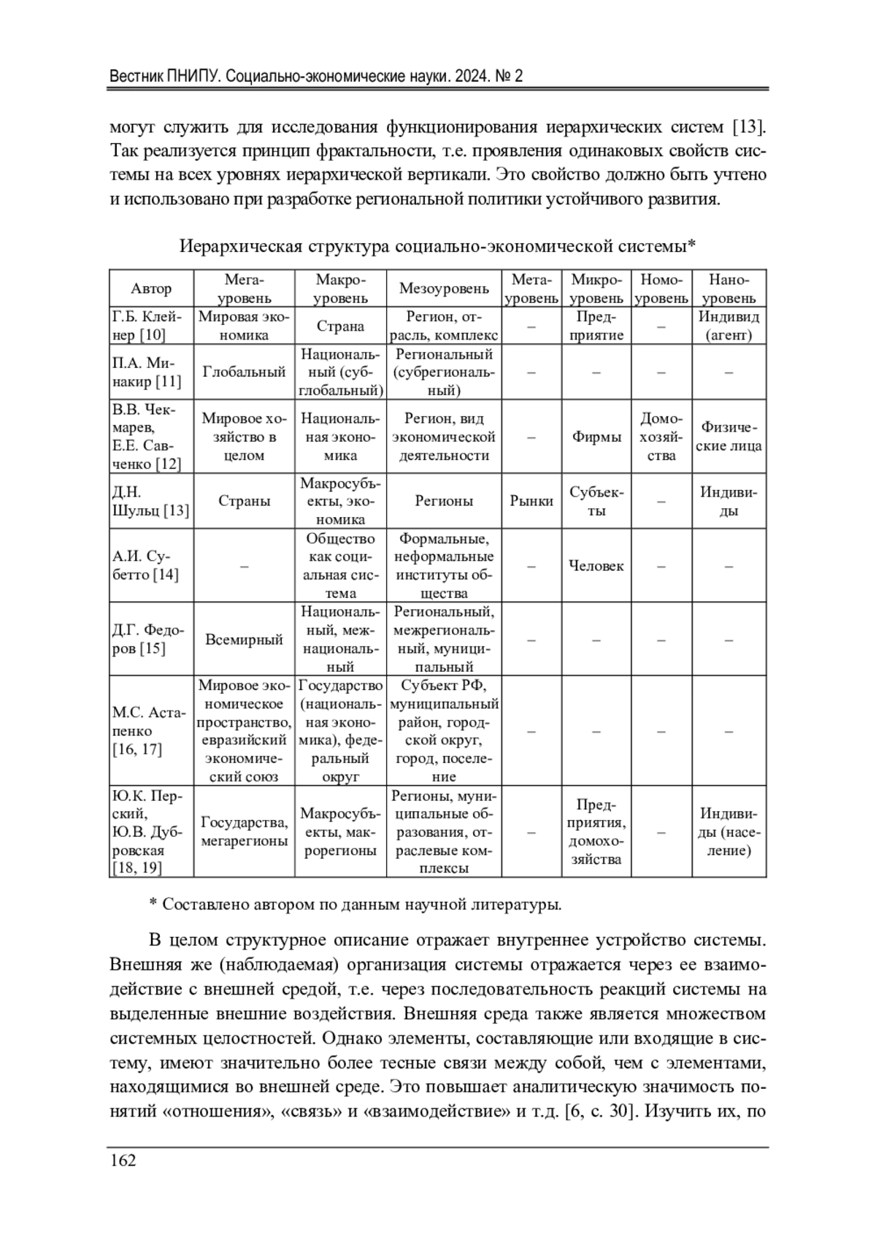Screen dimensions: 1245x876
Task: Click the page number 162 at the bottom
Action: pyautogui.click(x=123, y=1160)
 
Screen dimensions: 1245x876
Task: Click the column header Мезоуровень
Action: pyautogui.click(x=444, y=288)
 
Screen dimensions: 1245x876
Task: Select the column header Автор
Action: pyautogui.click(x=151, y=288)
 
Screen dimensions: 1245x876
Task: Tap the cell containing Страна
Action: pyautogui.click(x=340, y=326)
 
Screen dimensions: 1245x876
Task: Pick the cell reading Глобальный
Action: pyautogui.click(x=244, y=372)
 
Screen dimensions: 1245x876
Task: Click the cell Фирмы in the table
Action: pyautogui.click(x=596, y=437)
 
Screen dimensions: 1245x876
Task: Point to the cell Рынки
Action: pyautogui.click(x=531, y=501)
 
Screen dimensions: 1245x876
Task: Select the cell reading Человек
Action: pyautogui.click(x=596, y=566)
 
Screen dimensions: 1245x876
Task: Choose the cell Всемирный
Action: pyautogui.click(x=244, y=640)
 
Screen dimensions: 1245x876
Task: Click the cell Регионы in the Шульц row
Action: pyautogui.click(x=444, y=501)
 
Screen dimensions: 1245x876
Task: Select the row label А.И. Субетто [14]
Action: pyautogui.click(x=146, y=566)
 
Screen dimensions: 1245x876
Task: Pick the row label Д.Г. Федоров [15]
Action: pyautogui.click(x=148, y=640)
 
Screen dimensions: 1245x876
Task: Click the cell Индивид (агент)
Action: pyautogui.click(x=729, y=326)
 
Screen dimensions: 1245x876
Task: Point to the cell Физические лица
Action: pyautogui.click(x=729, y=437)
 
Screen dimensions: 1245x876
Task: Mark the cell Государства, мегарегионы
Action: pyautogui.click(x=244, y=832)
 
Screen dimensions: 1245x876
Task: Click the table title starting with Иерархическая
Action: pyautogui.click(x=437, y=246)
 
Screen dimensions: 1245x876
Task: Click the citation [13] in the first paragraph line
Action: pyautogui.click(x=749, y=127)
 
